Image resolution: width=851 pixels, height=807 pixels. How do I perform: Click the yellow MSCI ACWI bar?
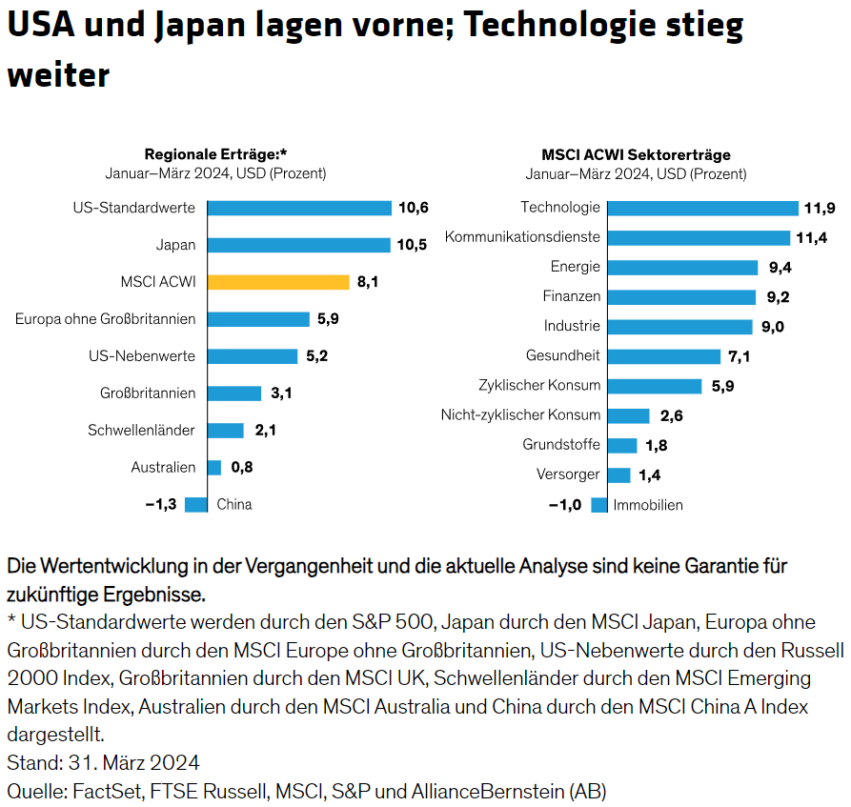278,282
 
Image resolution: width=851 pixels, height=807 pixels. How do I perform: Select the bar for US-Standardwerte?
299,208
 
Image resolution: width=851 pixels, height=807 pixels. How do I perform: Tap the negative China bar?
196,505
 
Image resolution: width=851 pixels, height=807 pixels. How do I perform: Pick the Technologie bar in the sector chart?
702,208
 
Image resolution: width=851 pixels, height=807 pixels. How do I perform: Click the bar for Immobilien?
598,505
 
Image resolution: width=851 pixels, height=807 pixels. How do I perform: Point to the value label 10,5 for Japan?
412,245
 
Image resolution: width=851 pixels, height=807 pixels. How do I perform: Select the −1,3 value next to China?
162,505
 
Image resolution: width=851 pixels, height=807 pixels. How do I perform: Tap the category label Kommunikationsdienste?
522,237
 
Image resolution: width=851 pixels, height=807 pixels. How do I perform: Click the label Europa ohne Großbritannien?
105,319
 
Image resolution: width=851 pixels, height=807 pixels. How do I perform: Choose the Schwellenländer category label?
141,431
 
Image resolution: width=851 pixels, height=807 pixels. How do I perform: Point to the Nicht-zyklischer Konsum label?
520,415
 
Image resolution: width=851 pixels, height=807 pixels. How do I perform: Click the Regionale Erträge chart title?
215,154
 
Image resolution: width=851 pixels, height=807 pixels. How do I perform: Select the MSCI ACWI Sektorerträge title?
636,154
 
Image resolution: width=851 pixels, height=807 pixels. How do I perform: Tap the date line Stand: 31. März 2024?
103,762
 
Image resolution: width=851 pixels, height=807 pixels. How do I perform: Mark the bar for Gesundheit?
663,356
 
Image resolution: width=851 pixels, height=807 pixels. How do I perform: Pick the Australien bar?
213,468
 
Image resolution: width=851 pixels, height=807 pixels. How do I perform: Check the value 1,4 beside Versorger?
651,475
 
